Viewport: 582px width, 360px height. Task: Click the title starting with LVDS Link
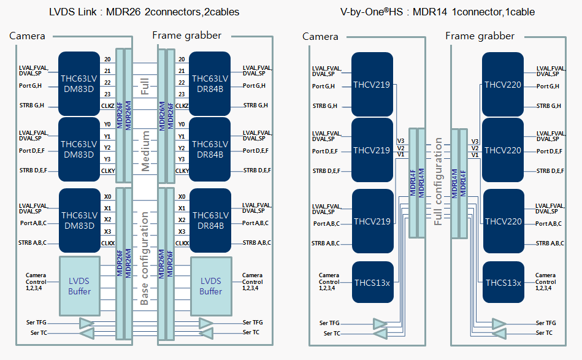[x=144, y=12]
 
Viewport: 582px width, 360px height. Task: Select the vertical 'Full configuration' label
[x=438, y=182]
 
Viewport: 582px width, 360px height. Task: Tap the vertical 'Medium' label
[x=145, y=151]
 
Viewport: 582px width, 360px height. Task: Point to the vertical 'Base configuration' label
[x=144, y=258]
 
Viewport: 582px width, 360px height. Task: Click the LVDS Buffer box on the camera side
[x=80, y=286]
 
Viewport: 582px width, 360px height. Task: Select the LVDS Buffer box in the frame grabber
[x=211, y=286]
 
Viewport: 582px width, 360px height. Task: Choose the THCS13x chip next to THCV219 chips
[x=372, y=283]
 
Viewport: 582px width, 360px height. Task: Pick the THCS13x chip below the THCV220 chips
[x=504, y=283]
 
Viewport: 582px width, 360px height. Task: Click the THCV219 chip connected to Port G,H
[x=372, y=85]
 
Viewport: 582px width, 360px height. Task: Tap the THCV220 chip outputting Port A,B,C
[x=504, y=221]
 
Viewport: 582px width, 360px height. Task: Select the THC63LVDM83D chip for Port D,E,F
[x=79, y=150]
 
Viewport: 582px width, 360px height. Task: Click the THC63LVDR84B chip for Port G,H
[x=210, y=84]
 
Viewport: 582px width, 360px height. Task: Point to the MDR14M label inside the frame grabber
[x=454, y=184]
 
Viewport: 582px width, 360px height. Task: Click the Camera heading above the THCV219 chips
[x=320, y=36]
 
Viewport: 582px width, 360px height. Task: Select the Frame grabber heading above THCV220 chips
[x=480, y=36]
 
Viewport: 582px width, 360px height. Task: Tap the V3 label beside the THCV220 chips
[x=475, y=142]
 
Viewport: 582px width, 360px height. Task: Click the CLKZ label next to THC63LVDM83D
[x=108, y=105]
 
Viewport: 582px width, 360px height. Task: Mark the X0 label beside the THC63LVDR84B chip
[x=182, y=197]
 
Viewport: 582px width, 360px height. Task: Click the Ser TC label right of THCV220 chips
[x=544, y=333]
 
